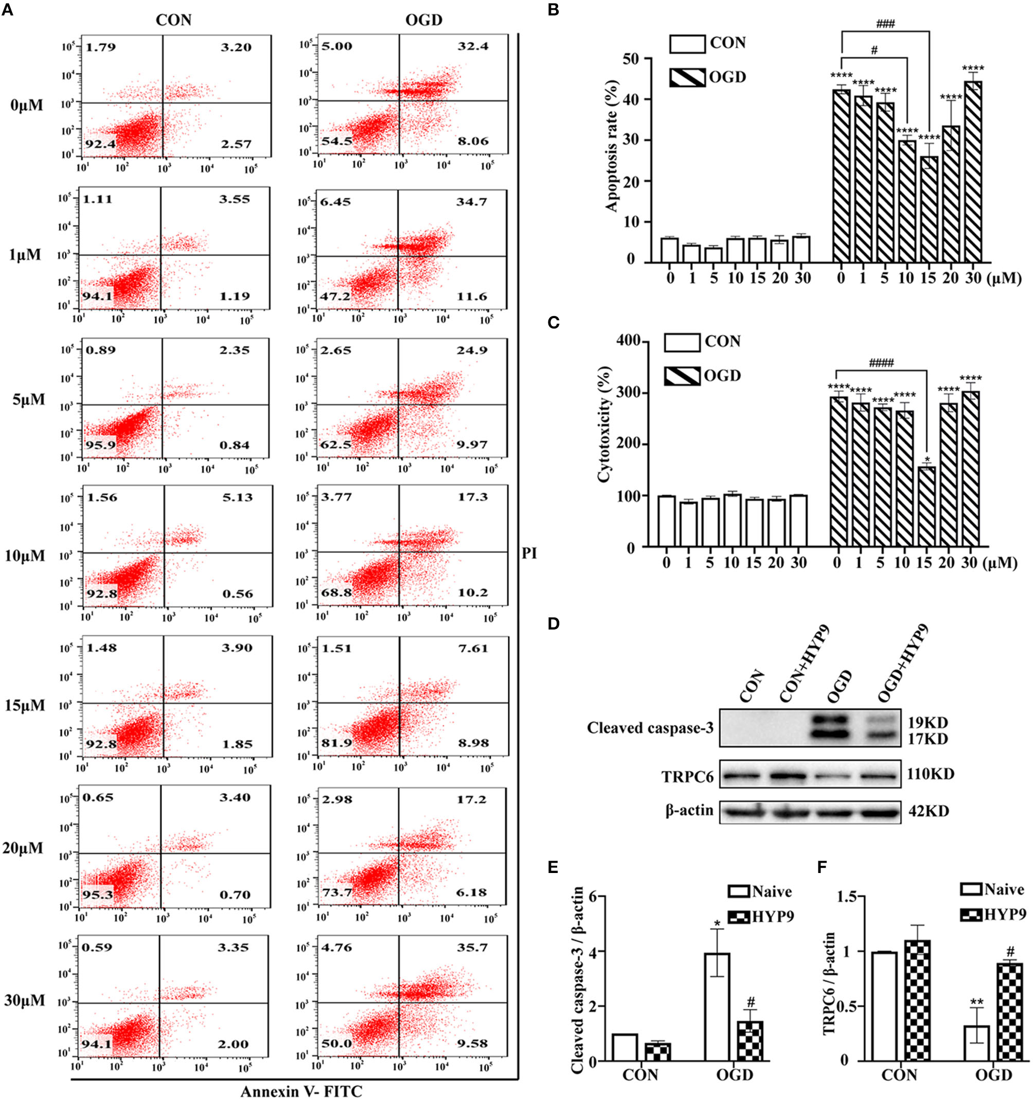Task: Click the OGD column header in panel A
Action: click(x=423, y=21)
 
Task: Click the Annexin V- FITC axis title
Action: click(x=301, y=1091)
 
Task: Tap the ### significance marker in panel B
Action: click(x=885, y=24)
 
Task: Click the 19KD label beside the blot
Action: click(x=927, y=723)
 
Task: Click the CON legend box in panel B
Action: click(x=687, y=44)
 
